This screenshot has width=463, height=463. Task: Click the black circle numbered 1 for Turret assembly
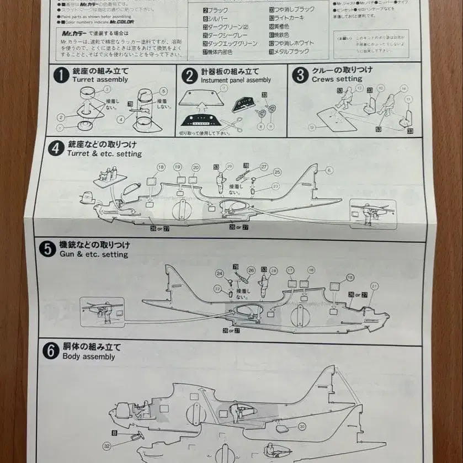pos(61,75)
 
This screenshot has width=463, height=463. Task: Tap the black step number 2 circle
pos(189,76)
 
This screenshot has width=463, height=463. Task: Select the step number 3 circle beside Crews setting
pos(300,74)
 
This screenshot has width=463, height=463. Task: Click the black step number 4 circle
pos(55,148)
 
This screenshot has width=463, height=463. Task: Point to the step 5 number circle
pos(47,249)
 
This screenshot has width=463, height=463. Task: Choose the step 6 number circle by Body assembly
pos(51,351)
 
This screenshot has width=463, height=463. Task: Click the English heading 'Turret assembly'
pos(100,79)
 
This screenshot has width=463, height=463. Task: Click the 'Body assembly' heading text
pos(88,356)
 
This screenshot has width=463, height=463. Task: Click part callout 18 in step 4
pos(161,167)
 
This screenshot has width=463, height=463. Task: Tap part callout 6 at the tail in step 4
pos(329,171)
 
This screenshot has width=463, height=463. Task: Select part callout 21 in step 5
pos(374,285)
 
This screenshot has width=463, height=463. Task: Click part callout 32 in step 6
pos(107,446)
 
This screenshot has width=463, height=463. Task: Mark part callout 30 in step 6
pos(302,426)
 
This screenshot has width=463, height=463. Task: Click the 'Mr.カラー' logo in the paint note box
pos(73,34)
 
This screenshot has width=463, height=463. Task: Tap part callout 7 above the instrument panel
pos(223,88)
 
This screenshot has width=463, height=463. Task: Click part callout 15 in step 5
pos(350,277)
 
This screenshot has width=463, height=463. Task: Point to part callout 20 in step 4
pos(196,167)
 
